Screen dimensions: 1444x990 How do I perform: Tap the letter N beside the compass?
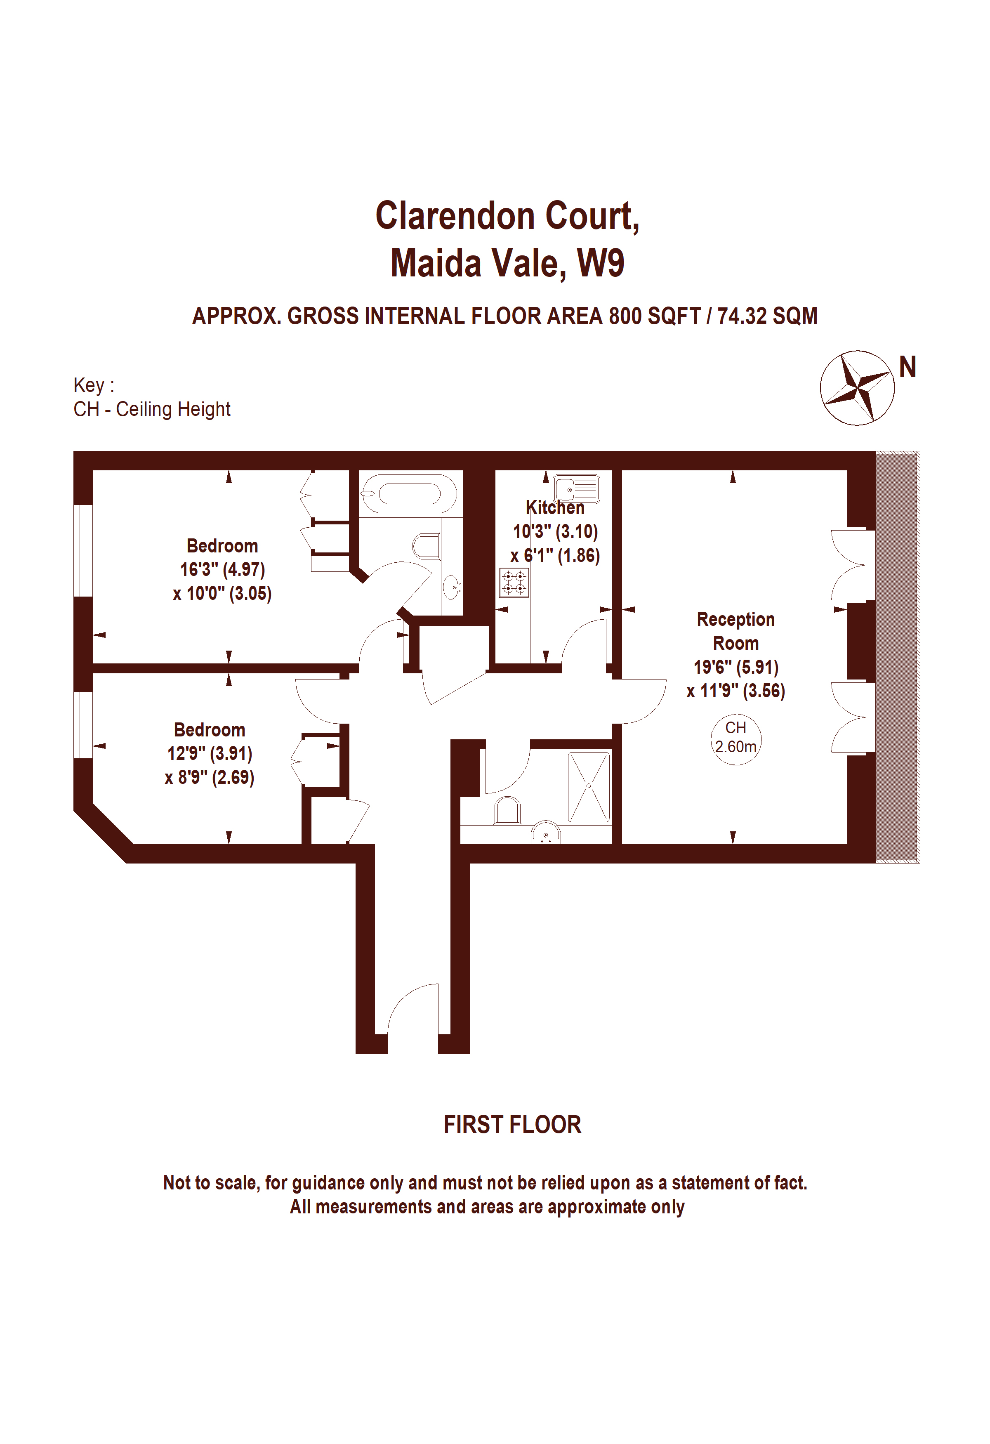tap(907, 367)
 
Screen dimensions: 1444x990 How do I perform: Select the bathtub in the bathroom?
tap(409, 494)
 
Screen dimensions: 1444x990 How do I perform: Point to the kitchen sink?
tap(576, 488)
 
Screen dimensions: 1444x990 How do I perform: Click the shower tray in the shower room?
tap(588, 787)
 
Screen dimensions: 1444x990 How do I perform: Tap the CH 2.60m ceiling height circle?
tap(735, 737)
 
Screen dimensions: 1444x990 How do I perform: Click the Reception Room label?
tap(735, 631)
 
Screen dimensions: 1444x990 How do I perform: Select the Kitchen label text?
tap(555, 507)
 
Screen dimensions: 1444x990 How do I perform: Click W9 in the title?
tap(601, 263)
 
